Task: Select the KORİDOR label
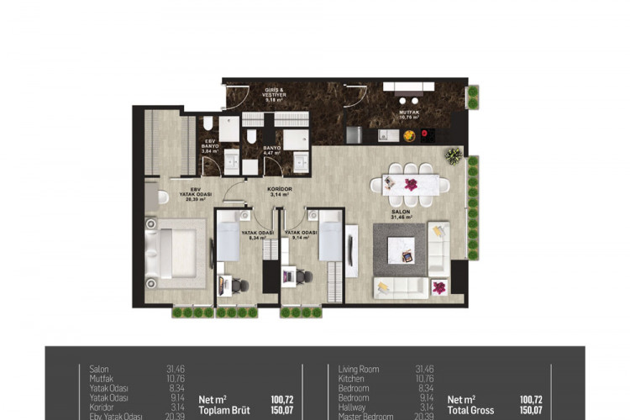(x=280, y=190)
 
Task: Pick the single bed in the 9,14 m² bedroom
(x=331, y=240)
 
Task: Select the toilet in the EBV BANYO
(x=208, y=125)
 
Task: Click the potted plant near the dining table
(x=454, y=155)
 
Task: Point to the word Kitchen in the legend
(x=351, y=379)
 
